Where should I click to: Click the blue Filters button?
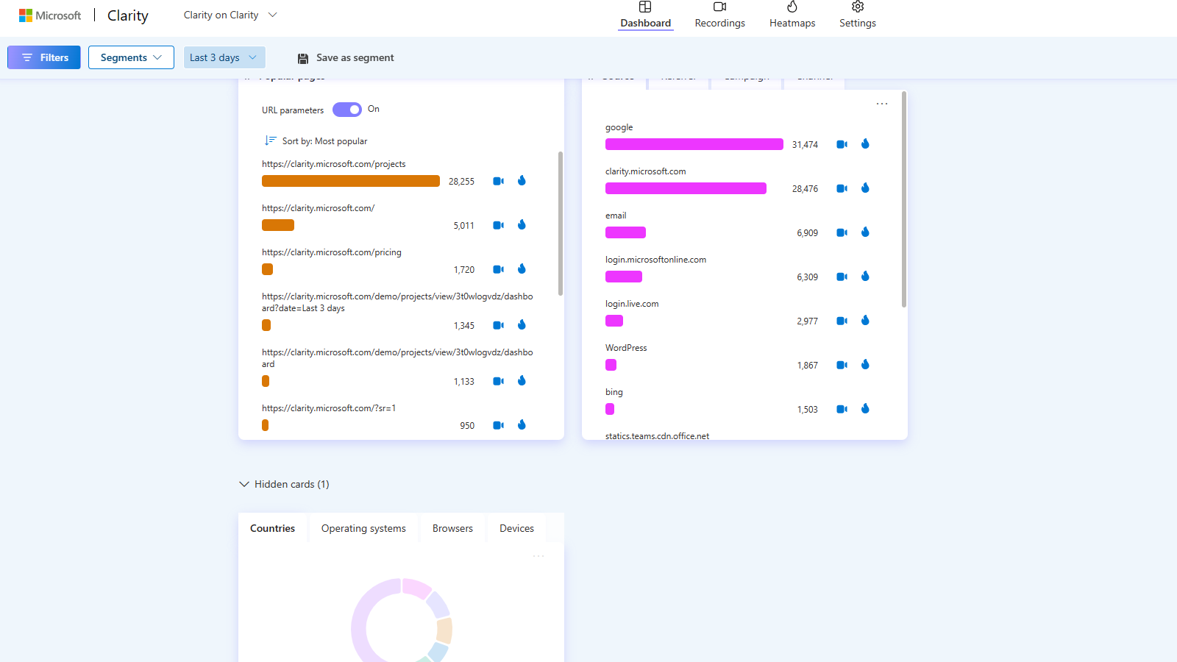pyautogui.click(x=44, y=57)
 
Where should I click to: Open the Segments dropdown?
pyautogui.click(x=131, y=57)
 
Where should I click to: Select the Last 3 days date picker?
pyautogui.click(x=224, y=57)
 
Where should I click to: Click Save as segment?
pyautogui.click(x=346, y=58)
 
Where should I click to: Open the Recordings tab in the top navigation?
pyautogui.click(x=719, y=15)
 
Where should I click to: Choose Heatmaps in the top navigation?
pyautogui.click(x=792, y=15)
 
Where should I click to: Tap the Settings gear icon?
pyautogui.click(x=858, y=7)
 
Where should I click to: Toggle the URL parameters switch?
pyautogui.click(x=347, y=110)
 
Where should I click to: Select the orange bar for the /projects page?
pyautogui.click(x=351, y=181)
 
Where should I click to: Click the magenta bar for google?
pyautogui.click(x=694, y=144)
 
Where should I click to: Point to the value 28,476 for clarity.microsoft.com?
pyautogui.click(x=805, y=189)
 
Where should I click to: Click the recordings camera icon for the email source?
pyautogui.click(x=842, y=232)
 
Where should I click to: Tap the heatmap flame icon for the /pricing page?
pyautogui.click(x=522, y=269)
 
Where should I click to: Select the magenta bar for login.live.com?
pyautogui.click(x=614, y=321)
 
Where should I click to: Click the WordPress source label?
pyautogui.click(x=626, y=348)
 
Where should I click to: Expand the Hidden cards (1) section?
pyautogui.click(x=284, y=484)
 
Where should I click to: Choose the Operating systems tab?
pyautogui.click(x=363, y=528)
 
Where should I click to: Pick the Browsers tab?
pyautogui.click(x=452, y=528)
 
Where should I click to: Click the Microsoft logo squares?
pyautogui.click(x=26, y=15)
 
